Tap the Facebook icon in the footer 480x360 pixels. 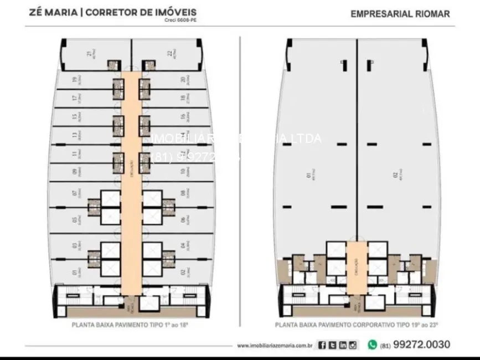pos(322,345)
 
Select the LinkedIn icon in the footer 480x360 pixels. pos(343,345)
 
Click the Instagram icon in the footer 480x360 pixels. pos(353,345)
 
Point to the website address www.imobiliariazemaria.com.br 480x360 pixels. pos(275,346)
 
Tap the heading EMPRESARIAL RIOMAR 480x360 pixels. pos(400,13)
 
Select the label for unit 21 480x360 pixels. pos(89,54)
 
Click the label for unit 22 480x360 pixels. pos(169,54)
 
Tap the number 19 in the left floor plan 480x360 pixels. pos(74,80)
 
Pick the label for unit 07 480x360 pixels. pos(74,194)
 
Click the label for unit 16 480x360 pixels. pos(182,117)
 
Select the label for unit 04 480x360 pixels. pos(182,245)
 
